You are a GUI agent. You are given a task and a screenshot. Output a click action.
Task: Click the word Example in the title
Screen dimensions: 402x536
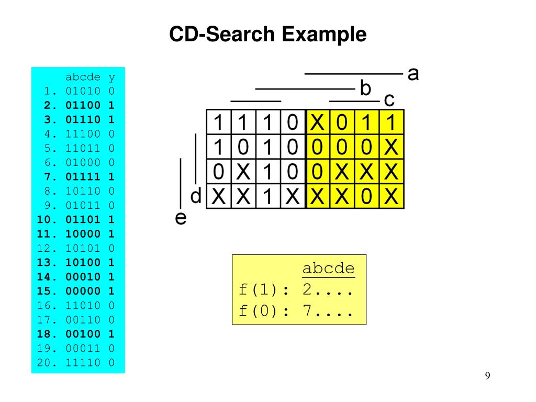tap(325, 35)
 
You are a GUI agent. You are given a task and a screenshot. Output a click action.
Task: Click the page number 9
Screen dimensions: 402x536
tap(487, 376)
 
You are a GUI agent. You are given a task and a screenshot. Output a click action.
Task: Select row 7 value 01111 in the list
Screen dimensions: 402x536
tap(83, 176)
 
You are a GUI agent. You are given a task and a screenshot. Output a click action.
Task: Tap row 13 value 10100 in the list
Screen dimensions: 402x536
tap(83, 262)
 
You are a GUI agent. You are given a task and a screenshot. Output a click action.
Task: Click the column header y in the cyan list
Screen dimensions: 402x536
tap(111, 77)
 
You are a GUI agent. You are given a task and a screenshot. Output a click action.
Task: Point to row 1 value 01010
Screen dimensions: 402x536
tap(83, 91)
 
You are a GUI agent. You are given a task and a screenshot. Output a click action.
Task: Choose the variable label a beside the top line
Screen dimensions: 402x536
tap(413, 74)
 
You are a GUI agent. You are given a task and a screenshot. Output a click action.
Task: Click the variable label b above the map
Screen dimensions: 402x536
tap(365, 87)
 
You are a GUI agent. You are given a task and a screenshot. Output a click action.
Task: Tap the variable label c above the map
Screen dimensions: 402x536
tap(389, 99)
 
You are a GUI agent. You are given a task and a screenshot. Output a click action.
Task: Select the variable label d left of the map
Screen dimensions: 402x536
tap(196, 197)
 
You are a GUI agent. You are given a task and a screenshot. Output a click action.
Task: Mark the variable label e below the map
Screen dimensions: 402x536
tap(180, 218)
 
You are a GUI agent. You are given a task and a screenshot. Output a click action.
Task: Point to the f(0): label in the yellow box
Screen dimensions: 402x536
tap(264, 312)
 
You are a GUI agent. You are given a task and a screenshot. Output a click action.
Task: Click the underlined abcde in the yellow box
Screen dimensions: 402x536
tap(328, 269)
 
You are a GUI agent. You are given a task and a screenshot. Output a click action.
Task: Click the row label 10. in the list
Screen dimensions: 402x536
tap(47, 219)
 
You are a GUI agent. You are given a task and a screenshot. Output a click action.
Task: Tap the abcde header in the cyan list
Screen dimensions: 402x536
tap(83, 77)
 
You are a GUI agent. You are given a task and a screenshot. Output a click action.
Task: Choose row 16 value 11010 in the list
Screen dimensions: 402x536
tap(83, 305)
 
